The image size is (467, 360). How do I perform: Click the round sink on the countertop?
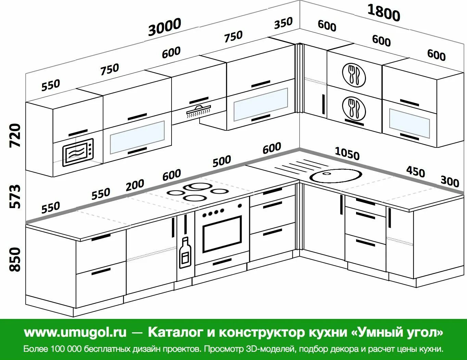(x=336, y=176)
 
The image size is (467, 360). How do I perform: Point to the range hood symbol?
(x=199, y=111)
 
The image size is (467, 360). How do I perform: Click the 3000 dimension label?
(x=164, y=27)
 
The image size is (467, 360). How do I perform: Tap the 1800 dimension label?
(x=383, y=13)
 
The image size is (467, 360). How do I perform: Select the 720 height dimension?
(x=15, y=136)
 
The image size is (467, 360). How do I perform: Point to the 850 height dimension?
(x=15, y=259)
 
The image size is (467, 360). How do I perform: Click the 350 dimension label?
(x=283, y=23)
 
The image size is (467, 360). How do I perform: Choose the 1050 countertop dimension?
(x=347, y=153)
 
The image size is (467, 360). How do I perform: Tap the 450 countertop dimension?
(x=415, y=171)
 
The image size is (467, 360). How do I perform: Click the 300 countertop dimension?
(x=450, y=181)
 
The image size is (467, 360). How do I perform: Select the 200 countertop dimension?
(x=135, y=185)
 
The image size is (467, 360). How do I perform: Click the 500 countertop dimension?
(x=222, y=161)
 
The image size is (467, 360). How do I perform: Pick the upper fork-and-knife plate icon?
(x=354, y=75)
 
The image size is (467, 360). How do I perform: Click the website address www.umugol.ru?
(x=75, y=332)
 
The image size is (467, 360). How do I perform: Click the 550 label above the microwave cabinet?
(x=50, y=85)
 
